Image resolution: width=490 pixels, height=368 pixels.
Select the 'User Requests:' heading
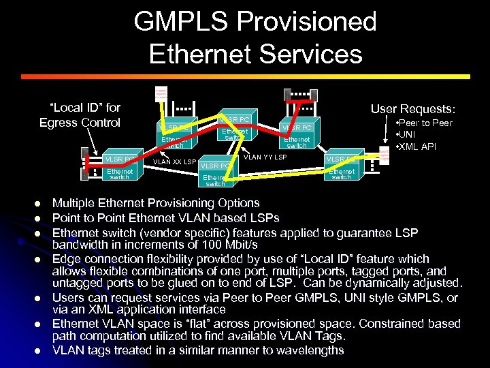pos(413,108)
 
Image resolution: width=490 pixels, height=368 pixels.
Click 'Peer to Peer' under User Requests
pos(426,123)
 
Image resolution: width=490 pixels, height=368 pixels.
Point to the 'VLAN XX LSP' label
pos(174,162)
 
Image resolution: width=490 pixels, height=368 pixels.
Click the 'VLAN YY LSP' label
pos(265,157)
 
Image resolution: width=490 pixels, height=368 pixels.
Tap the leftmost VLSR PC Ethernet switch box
pos(119,168)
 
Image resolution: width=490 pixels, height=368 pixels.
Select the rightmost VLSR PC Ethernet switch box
pos(340,168)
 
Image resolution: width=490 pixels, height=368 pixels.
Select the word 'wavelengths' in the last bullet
pos(310,351)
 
